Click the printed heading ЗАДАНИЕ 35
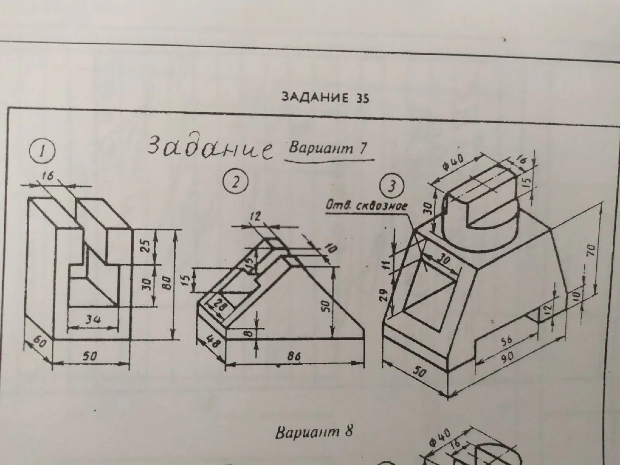[x=325, y=98]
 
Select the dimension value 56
[x=506, y=340]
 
